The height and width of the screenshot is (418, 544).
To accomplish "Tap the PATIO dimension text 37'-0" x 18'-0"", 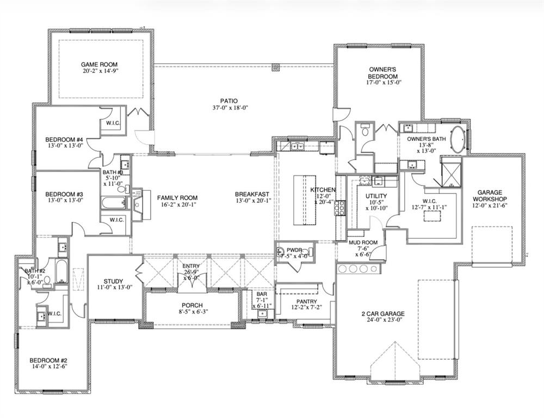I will click(227, 108).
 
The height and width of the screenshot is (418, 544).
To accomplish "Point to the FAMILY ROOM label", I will click(177, 198).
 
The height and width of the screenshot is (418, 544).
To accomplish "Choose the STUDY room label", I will click(114, 281).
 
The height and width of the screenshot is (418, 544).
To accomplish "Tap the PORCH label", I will click(192, 305).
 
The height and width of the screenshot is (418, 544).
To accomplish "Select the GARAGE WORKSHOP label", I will click(493, 196).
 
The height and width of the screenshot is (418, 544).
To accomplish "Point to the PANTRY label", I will click(306, 302).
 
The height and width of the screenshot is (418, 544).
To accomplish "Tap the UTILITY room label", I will click(376, 196).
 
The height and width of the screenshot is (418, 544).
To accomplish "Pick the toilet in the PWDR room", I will click(281, 251).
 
